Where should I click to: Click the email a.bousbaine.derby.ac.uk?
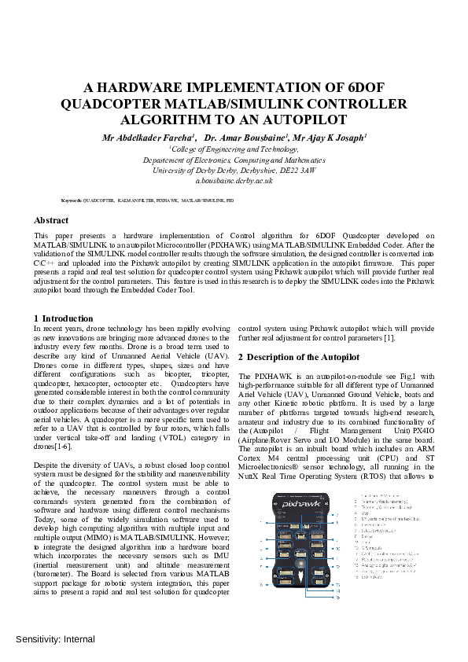(234, 180)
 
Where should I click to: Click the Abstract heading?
(51, 221)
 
